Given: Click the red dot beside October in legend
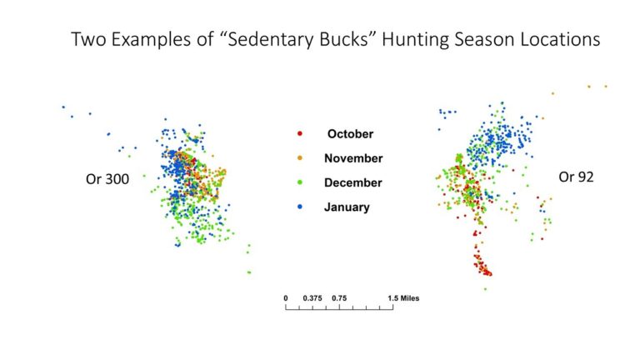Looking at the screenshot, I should [x=300, y=133].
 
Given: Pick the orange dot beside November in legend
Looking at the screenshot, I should [x=300, y=157].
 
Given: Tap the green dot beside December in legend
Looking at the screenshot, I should [x=300, y=182].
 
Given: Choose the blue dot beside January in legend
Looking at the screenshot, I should [x=300, y=207].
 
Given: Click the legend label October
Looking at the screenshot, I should [x=350, y=133].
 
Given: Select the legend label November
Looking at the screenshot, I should [x=354, y=157].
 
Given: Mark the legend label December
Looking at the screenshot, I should [x=354, y=182].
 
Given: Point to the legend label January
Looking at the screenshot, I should [x=347, y=207].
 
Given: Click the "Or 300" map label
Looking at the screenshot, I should [x=107, y=178].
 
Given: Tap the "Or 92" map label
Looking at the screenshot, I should [x=576, y=176].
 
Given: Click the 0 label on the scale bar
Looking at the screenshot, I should [x=286, y=297].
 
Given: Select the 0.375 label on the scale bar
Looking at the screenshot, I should [x=313, y=297].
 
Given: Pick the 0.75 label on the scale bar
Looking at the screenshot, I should [x=340, y=297].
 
